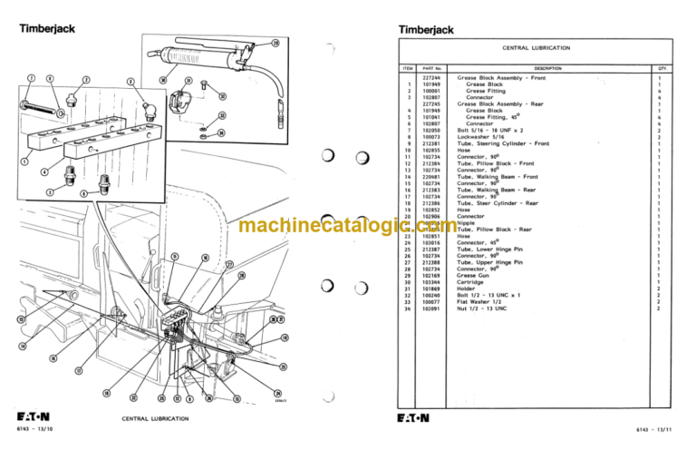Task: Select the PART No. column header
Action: [x=431, y=68]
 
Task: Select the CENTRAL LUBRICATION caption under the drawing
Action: [x=155, y=419]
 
